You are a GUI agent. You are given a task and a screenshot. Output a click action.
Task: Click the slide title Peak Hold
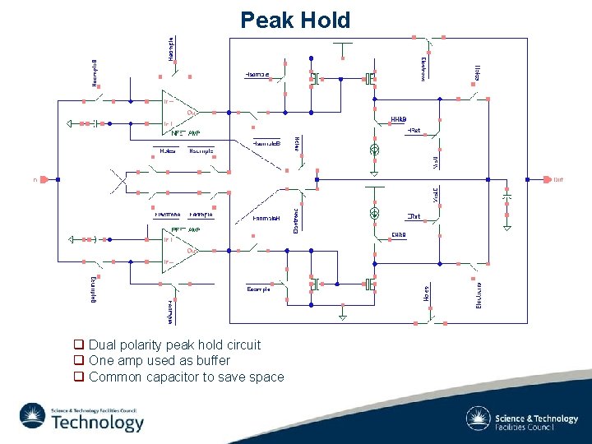(295, 20)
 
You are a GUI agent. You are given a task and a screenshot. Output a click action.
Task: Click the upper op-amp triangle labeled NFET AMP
(178, 110)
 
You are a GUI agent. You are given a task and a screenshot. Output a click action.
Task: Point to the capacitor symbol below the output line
(507, 199)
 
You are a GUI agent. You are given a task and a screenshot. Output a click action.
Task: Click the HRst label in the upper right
(414, 131)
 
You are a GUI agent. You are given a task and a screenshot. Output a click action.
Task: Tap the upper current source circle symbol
(374, 150)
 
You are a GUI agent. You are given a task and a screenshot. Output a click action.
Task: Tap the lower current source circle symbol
(374, 211)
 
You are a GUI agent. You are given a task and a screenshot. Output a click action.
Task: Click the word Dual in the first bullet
(103, 345)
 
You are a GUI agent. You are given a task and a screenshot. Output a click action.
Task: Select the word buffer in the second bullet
(211, 360)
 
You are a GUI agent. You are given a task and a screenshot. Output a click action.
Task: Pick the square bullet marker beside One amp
(79, 360)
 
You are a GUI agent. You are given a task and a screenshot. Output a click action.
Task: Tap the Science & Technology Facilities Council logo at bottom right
(522, 419)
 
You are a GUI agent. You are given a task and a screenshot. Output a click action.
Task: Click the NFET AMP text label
(185, 132)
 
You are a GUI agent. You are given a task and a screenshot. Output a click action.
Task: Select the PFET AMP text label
(185, 229)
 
